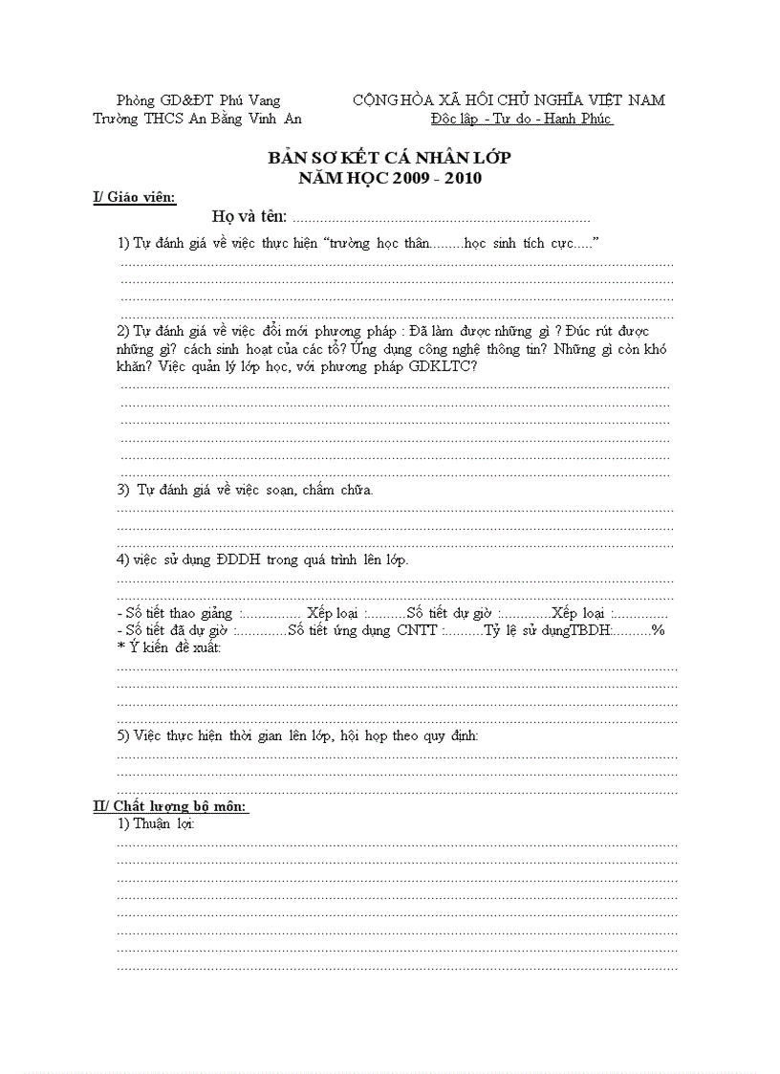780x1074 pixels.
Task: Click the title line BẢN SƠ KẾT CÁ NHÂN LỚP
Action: click(x=389, y=158)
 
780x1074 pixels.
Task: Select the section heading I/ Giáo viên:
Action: click(x=134, y=197)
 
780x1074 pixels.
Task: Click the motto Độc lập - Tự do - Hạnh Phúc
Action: click(x=521, y=119)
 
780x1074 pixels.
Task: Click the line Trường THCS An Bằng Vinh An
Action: click(x=197, y=119)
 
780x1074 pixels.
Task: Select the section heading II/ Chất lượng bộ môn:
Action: click(x=170, y=806)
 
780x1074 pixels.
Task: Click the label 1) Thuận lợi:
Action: click(x=157, y=823)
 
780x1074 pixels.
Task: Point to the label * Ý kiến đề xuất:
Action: click(x=168, y=647)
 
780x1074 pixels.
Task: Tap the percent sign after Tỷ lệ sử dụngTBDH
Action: click(x=658, y=630)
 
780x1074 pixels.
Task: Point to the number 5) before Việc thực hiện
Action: click(x=123, y=735)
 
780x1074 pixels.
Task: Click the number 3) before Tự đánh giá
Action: click(x=123, y=490)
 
